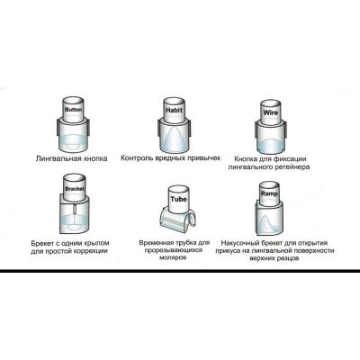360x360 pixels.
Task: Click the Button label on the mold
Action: coord(73,110)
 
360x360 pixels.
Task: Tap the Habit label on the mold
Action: coord(175,110)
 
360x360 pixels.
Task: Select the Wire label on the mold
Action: coord(270,112)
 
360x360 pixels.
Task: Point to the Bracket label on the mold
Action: coord(75,189)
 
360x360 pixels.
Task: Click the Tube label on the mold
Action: coord(178,199)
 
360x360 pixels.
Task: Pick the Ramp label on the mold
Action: coord(269,193)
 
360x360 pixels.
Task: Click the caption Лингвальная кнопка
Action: coord(71,158)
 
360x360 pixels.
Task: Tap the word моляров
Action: coord(175,257)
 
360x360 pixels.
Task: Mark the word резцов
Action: coord(288,258)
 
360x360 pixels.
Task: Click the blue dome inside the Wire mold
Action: coord(271,146)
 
